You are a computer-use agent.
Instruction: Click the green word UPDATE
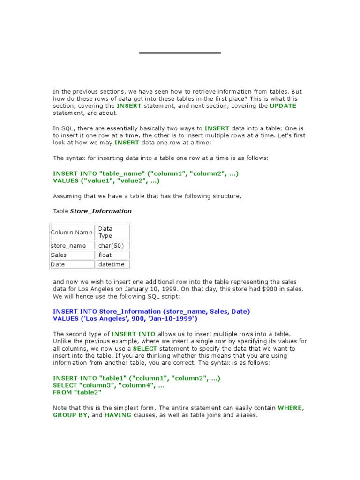click(283, 106)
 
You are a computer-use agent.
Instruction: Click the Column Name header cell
click(72, 232)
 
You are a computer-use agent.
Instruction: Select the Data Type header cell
click(112, 232)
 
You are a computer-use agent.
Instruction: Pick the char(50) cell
click(112, 246)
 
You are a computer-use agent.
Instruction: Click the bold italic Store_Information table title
click(101, 211)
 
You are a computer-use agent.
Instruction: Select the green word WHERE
click(290, 408)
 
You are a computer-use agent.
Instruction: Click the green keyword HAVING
click(118, 415)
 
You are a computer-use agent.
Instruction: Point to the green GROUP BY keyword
click(70, 415)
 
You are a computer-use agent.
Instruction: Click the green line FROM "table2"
click(77, 392)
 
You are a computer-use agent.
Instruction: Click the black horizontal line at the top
click(180, 53)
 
